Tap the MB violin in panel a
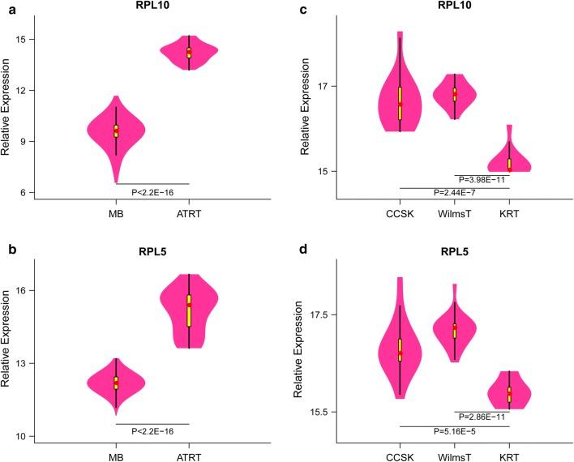tap(116, 130)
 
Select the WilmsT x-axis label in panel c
tap(455, 220)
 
